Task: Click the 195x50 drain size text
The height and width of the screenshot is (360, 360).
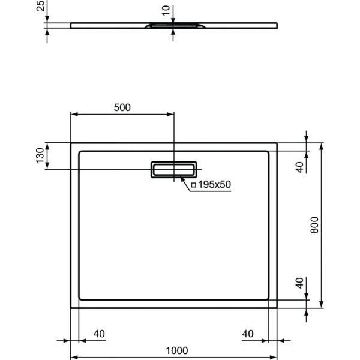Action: click(x=214, y=184)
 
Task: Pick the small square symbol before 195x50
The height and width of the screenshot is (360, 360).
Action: click(x=193, y=185)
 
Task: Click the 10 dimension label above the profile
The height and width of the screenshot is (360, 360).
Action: click(x=166, y=10)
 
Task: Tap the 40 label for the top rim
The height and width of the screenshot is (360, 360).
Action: click(x=300, y=167)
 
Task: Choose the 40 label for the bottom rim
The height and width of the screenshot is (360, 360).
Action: click(x=300, y=283)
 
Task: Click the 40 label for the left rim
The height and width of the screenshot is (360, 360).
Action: click(x=99, y=334)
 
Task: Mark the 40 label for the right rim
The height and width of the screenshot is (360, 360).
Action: click(x=248, y=334)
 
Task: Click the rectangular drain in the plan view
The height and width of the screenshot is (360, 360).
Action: click(x=173, y=170)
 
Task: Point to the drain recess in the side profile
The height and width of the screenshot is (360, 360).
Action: click(x=173, y=26)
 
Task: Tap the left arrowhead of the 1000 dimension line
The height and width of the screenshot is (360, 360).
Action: click(x=74, y=357)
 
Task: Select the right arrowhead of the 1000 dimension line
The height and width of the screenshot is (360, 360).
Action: click(x=274, y=357)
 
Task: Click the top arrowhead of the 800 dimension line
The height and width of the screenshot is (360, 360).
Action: click(x=322, y=146)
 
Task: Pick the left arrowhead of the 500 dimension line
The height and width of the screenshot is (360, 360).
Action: click(x=74, y=114)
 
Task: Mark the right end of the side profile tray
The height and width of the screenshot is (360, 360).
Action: click(x=277, y=25)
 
